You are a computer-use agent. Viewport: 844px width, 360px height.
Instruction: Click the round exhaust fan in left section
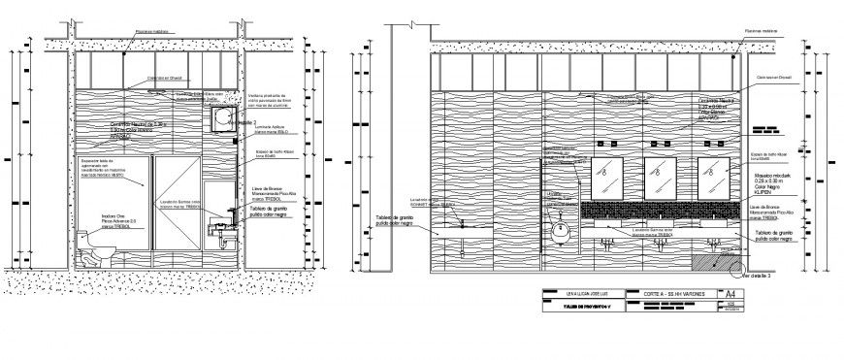click(x=222, y=117)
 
